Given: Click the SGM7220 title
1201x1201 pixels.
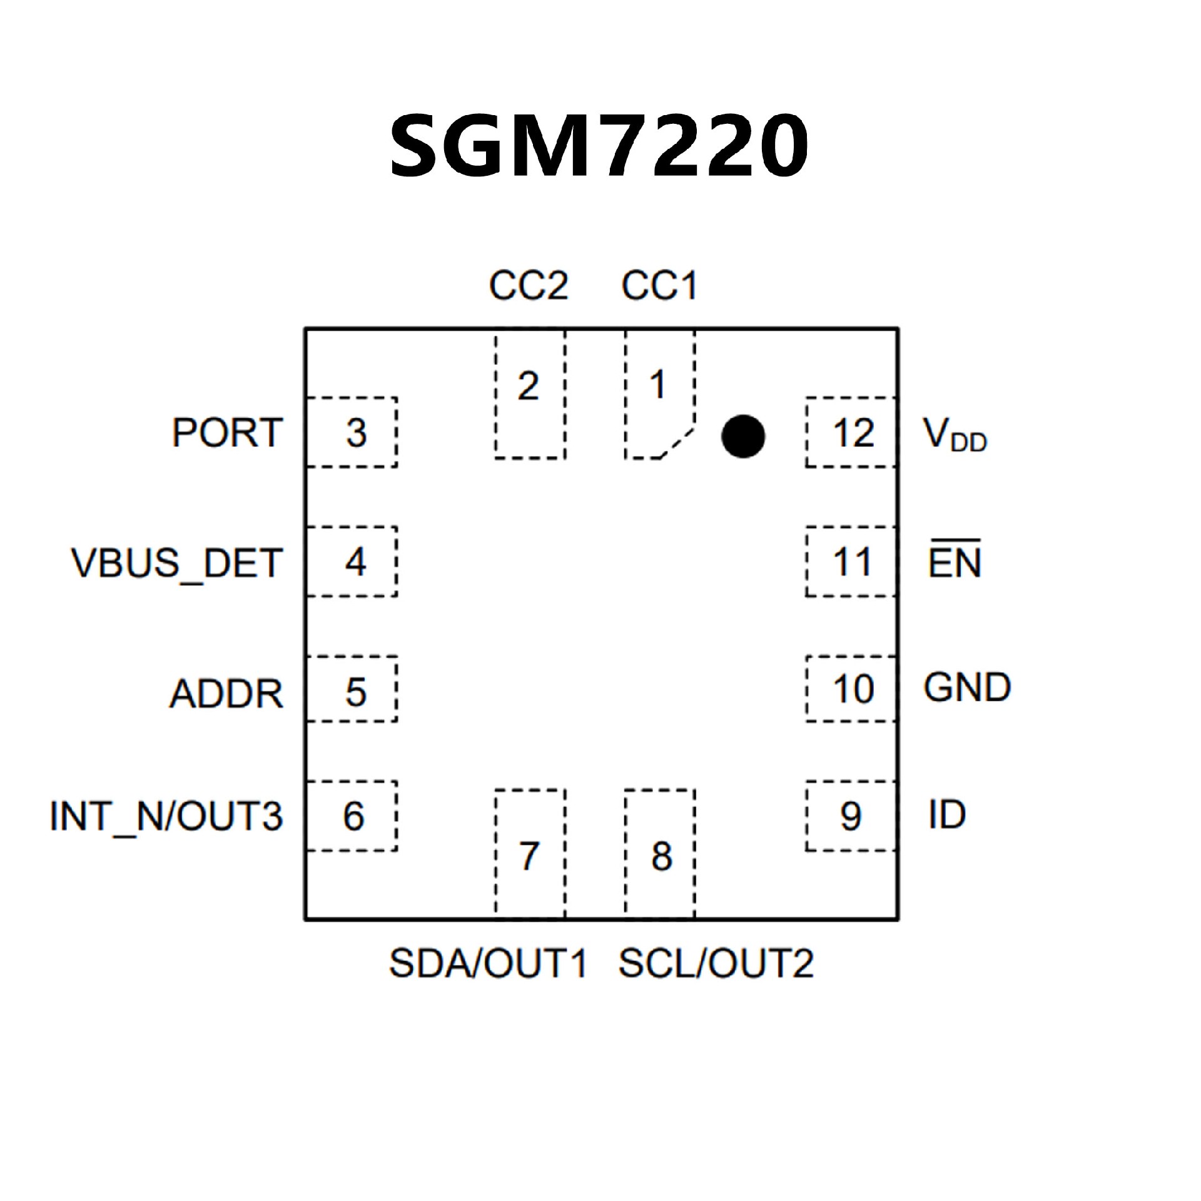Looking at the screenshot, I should (599, 145).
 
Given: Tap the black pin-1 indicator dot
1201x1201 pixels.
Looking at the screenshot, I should (742, 436).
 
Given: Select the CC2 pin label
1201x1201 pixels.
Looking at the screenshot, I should (529, 286).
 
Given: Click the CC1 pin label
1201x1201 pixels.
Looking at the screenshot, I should (659, 286).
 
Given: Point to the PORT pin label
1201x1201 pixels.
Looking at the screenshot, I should (227, 432).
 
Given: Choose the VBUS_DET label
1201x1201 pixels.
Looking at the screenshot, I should (177, 562).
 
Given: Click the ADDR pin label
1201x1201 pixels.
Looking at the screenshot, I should (226, 693).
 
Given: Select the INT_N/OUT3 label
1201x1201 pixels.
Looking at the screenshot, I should (166, 816).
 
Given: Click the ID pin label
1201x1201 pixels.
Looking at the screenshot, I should (947, 814).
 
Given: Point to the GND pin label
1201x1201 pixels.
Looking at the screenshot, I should (967, 687).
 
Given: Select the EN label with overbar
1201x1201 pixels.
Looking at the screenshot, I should (955, 561).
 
